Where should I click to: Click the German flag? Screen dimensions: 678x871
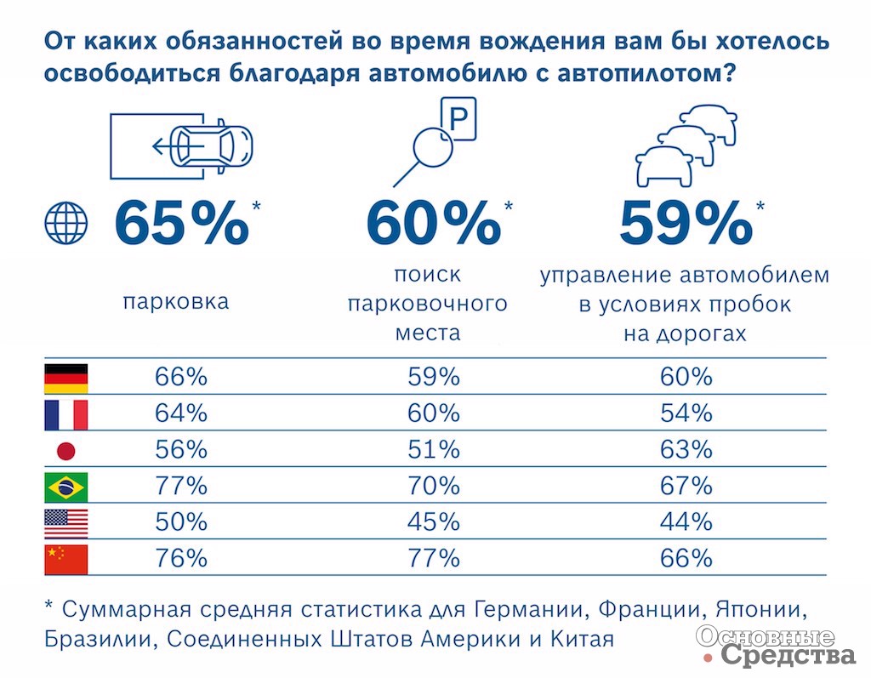pos(65,377)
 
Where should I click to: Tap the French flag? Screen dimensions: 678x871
pos(65,414)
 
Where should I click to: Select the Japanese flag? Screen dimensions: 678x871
pos(65,451)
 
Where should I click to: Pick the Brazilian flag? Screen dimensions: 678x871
pos(65,487)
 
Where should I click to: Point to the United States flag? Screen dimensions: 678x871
pos(65,522)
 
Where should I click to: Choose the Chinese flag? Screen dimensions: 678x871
pos(65,559)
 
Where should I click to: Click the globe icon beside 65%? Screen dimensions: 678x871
pos(65,223)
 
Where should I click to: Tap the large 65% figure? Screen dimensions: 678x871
pos(181,223)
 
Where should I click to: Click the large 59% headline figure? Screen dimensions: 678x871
pos(686,223)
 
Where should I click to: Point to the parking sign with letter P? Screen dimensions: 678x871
pos(458,121)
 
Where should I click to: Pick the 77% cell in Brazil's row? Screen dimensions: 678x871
pos(181,487)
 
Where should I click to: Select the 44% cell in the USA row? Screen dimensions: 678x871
pos(686,522)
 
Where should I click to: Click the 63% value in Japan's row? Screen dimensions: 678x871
pos(686,450)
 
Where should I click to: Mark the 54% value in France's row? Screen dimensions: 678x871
pos(686,413)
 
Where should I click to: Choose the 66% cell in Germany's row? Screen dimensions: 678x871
pos(181,377)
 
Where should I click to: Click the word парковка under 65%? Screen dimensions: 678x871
pos(176,302)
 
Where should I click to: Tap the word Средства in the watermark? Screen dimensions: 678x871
pos(788,655)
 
